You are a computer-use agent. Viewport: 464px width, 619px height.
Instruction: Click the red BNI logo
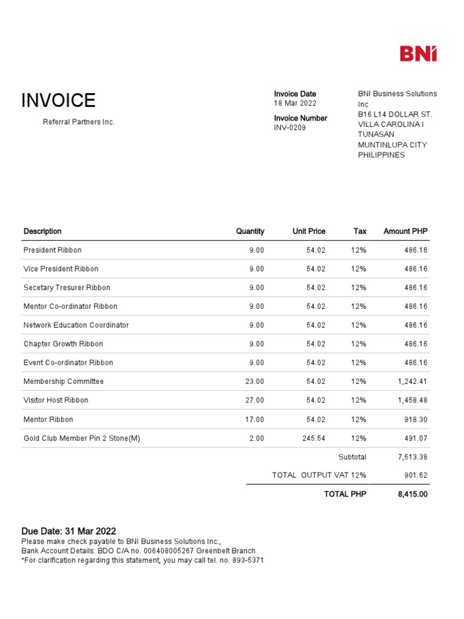click(x=419, y=54)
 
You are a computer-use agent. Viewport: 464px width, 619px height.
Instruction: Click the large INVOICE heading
click(x=59, y=100)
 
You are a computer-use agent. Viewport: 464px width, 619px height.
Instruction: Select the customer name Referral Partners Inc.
click(x=79, y=122)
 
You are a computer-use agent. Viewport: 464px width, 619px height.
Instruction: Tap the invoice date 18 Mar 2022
click(x=295, y=103)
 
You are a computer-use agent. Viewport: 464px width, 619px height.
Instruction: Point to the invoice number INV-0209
click(x=290, y=128)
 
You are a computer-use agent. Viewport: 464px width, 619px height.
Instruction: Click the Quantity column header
click(x=250, y=232)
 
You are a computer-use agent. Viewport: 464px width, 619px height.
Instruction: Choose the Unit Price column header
click(x=309, y=232)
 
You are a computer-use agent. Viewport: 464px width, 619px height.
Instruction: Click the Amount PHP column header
click(x=405, y=232)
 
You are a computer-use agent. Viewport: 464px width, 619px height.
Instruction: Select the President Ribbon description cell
click(x=53, y=250)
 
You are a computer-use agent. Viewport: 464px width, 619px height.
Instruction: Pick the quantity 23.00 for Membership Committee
click(x=254, y=381)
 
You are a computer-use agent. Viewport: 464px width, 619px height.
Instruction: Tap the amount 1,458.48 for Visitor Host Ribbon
click(x=412, y=400)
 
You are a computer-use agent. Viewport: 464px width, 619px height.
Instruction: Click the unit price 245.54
click(x=314, y=438)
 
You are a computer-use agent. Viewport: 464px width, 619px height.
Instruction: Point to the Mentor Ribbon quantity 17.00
click(x=254, y=420)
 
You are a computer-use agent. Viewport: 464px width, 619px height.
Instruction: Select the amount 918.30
click(x=416, y=420)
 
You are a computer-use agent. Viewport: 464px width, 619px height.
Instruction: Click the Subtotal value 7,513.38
click(x=412, y=458)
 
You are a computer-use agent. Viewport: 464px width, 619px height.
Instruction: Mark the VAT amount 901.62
click(x=416, y=476)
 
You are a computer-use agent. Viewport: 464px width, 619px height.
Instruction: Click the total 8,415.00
click(x=412, y=494)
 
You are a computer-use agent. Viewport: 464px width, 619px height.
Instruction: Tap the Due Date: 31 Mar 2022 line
click(x=69, y=531)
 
